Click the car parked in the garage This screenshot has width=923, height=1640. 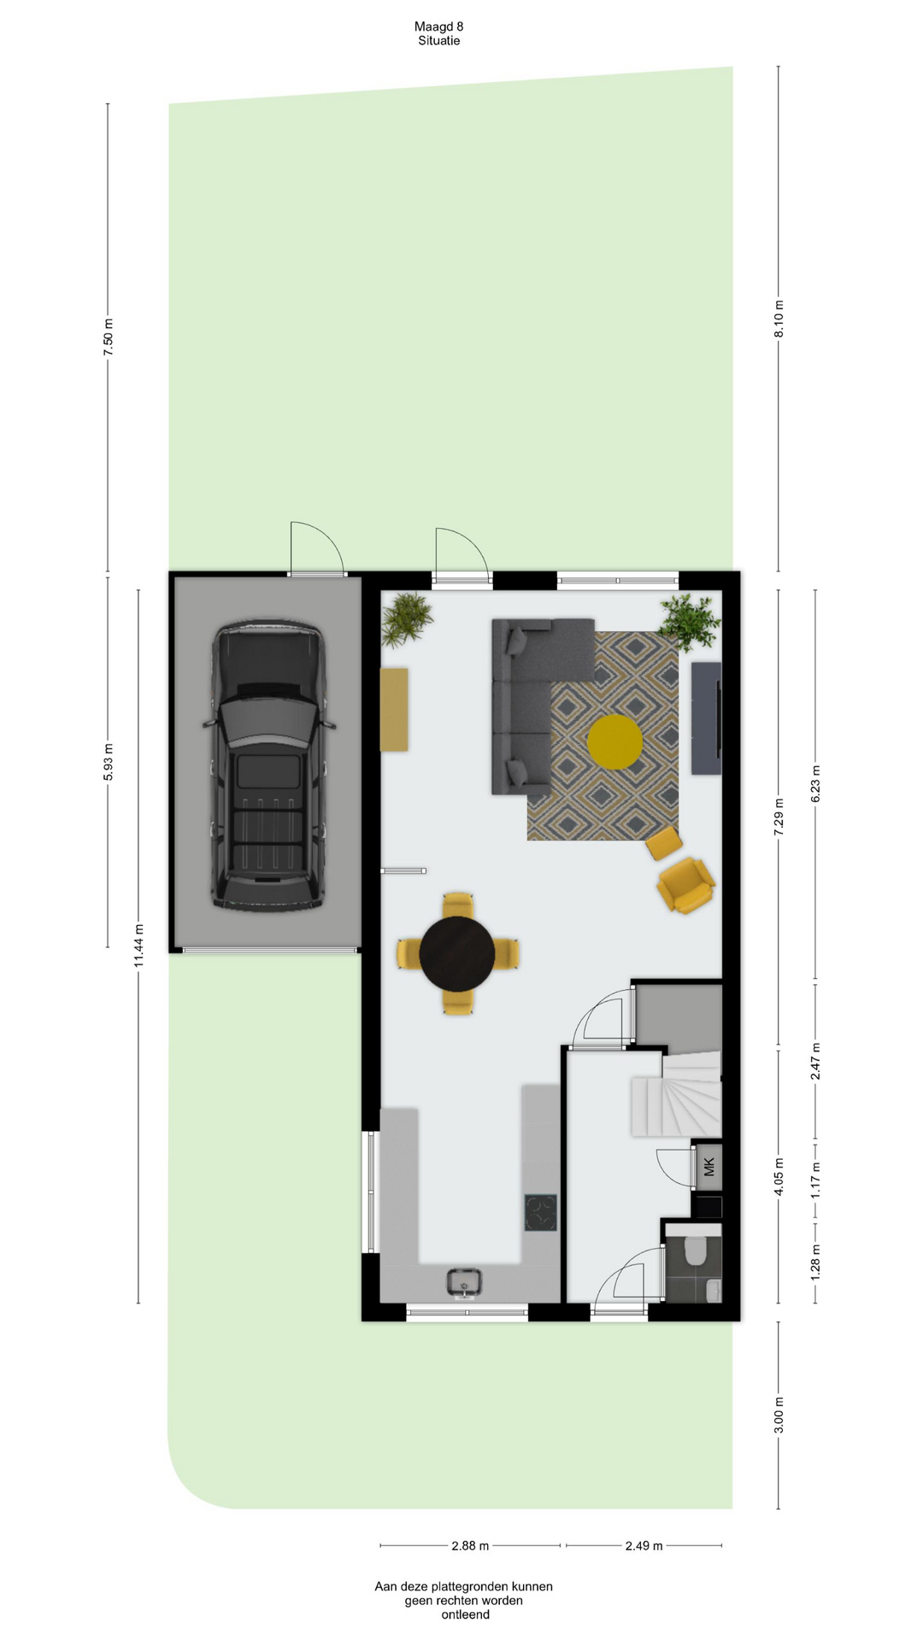(x=268, y=765)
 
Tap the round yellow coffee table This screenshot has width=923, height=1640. (x=614, y=741)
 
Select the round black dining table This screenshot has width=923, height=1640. (x=457, y=954)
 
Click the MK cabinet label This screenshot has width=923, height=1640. (x=708, y=1167)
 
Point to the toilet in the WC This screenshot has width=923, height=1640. (x=696, y=1251)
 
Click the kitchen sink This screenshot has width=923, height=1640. (x=464, y=1281)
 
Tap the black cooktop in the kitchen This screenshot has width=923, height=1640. (x=540, y=1213)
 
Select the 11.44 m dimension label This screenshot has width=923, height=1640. (x=138, y=946)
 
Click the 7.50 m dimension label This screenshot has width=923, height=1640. (x=108, y=337)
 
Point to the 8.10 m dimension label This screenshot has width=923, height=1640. (x=779, y=319)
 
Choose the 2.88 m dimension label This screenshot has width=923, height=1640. (x=470, y=1545)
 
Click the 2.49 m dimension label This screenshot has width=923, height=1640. (x=644, y=1545)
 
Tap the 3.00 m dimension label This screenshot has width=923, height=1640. (x=779, y=1415)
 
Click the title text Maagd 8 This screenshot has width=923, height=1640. (x=439, y=26)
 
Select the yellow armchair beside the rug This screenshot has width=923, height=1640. (x=685, y=885)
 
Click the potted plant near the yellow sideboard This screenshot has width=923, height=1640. (x=406, y=618)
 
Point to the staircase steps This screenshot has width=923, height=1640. (x=677, y=1096)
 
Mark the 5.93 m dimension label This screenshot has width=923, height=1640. (x=108, y=762)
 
